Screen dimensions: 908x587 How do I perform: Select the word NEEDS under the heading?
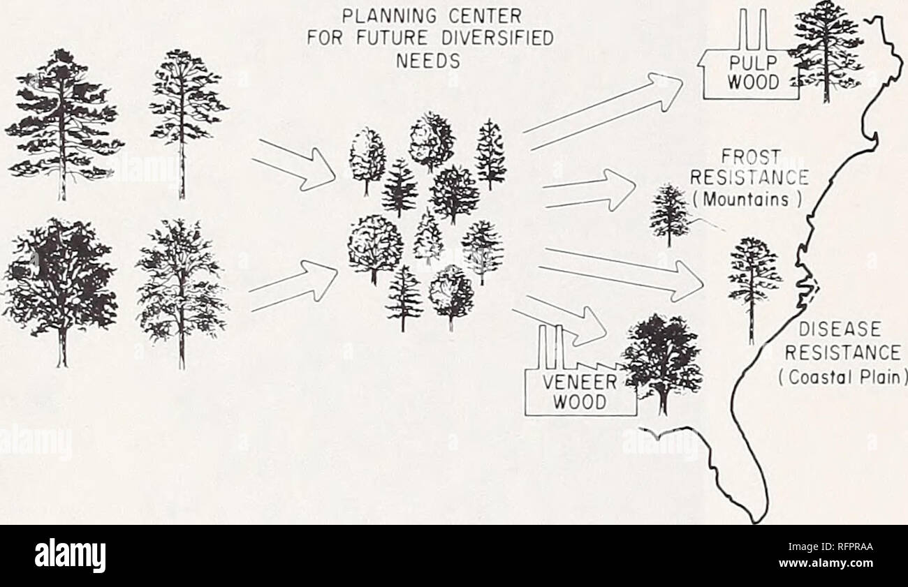(x=428, y=62)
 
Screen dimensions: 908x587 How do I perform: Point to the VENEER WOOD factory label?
(x=580, y=392)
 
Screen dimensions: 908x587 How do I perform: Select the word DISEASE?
(x=840, y=329)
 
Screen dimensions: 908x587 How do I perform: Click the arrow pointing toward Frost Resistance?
(x=590, y=191)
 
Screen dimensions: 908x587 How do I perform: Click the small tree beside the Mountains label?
(x=669, y=215)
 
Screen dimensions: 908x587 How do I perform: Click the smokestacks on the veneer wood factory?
(x=550, y=348)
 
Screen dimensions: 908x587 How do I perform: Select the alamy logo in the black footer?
(x=70, y=556)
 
